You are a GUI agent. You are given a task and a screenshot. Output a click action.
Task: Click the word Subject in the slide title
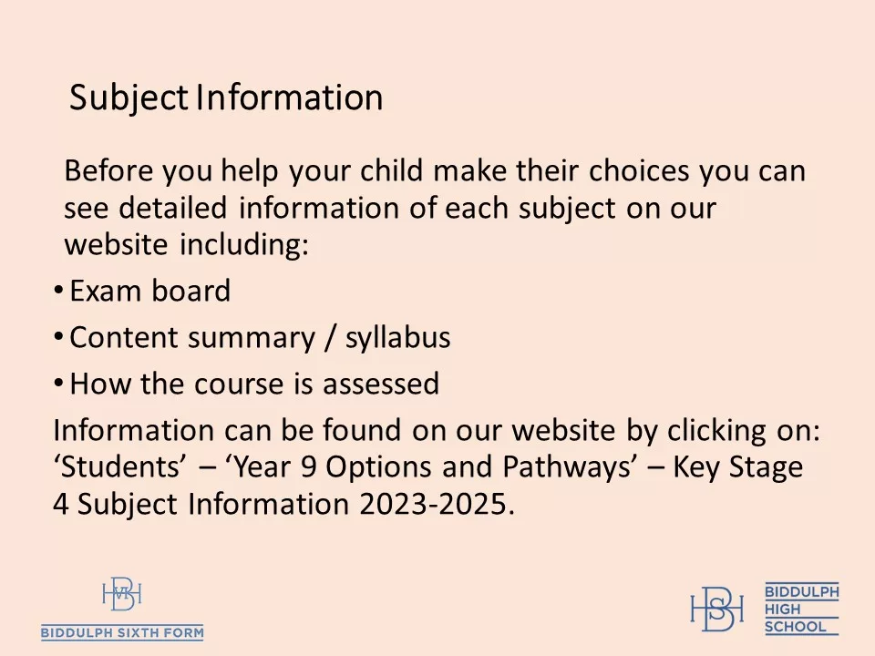[x=129, y=97]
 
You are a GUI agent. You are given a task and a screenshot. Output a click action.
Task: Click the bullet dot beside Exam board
[x=58, y=291]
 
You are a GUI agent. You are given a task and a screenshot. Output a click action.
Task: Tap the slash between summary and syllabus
[x=327, y=338]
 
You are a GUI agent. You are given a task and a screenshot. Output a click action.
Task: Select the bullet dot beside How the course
[x=58, y=383]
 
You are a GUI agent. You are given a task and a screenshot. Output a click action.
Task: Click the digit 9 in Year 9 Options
[x=311, y=467]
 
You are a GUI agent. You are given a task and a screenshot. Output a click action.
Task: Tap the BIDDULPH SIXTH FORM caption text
[x=122, y=632]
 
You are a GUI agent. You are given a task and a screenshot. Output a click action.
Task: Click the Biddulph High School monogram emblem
[x=716, y=607]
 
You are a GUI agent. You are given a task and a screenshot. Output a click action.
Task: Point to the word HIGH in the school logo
[x=781, y=609]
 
